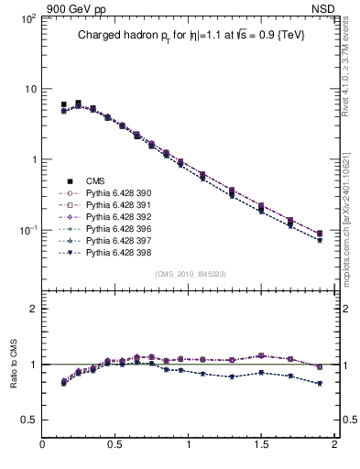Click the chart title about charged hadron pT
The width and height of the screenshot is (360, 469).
[x=191, y=34]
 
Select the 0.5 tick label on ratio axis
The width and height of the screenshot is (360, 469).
[x=29, y=420]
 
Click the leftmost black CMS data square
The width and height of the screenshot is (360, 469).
[x=64, y=105]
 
